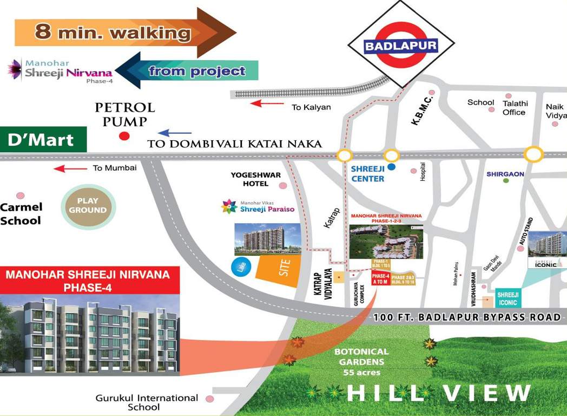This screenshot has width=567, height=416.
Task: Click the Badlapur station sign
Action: coord(400,46)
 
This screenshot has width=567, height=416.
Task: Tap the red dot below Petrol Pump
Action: coord(124,136)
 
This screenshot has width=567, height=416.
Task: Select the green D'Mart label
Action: coord(43,140)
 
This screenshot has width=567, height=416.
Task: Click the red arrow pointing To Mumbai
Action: coord(70,168)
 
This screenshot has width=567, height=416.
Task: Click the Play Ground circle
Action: coord(88,205)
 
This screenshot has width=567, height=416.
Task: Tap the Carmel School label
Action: coord(21,213)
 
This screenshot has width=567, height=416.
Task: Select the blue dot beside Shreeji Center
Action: coord(391,167)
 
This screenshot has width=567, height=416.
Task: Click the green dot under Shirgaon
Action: coord(506,180)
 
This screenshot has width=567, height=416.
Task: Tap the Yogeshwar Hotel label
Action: coord(249,179)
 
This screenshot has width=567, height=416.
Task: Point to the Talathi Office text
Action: coord(515,108)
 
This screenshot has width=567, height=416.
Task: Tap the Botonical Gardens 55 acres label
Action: coord(361,362)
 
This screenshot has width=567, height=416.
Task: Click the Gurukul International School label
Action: coord(147,402)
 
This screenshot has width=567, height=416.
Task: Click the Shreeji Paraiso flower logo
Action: coord(230,206)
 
